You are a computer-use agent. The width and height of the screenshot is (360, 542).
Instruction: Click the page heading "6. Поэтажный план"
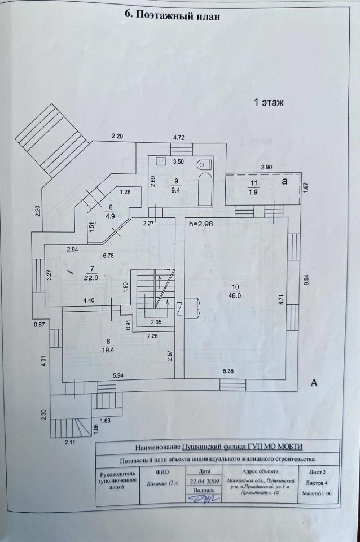[x=171, y=15]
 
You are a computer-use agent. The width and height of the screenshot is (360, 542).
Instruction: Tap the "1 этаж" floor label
[x=270, y=103]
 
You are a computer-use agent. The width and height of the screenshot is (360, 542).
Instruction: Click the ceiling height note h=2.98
[x=203, y=224]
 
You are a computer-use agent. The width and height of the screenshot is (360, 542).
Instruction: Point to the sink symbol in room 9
[x=162, y=160]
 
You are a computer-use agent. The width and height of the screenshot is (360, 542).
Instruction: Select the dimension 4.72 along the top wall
[x=178, y=137]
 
